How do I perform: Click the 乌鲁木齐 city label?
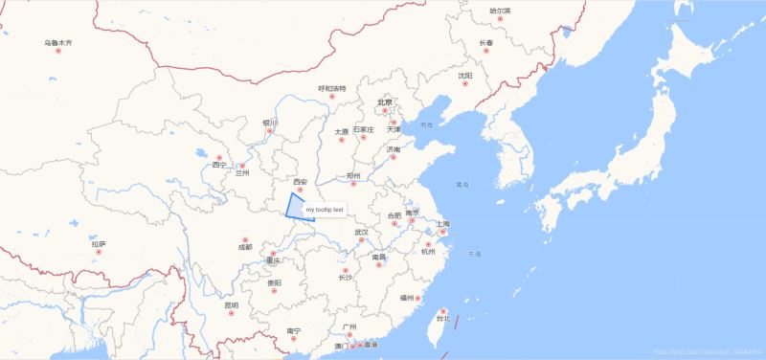pos(57,43)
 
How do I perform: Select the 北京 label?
pos(385,102)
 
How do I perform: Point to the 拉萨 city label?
pos(99,244)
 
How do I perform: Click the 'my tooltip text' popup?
pos(325,209)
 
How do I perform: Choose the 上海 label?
pos(442,224)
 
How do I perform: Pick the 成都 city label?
pos(245,247)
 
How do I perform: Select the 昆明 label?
pos(231,305)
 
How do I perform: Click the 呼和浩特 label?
pos(332,89)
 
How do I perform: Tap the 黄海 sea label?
pos(462,184)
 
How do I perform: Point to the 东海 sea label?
pos(476,255)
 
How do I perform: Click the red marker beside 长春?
pos(485,51)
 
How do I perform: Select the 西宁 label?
pos(219,165)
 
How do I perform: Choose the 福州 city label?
pos(408,298)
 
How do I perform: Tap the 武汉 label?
pos(361,232)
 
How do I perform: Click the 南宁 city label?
pos(294,330)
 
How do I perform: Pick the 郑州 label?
pos(352,176)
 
